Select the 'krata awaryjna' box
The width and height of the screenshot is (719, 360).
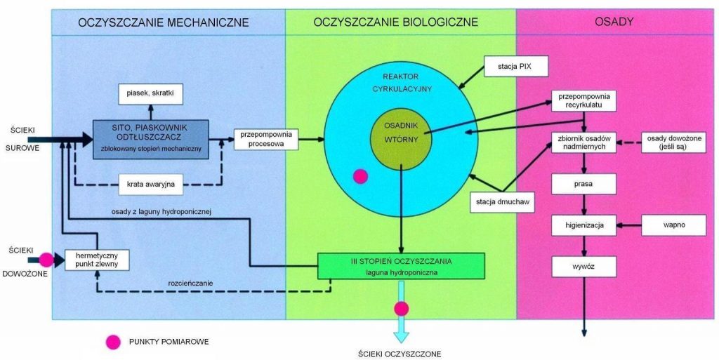[151, 185]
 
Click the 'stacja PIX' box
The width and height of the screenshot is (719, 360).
[515, 68]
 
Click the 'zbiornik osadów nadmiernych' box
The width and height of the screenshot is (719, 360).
[584, 142]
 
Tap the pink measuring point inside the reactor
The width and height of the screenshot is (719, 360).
[360, 176]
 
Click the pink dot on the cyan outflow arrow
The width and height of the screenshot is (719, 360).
[401, 308]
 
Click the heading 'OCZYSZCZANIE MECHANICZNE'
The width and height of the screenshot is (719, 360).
[164, 22]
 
